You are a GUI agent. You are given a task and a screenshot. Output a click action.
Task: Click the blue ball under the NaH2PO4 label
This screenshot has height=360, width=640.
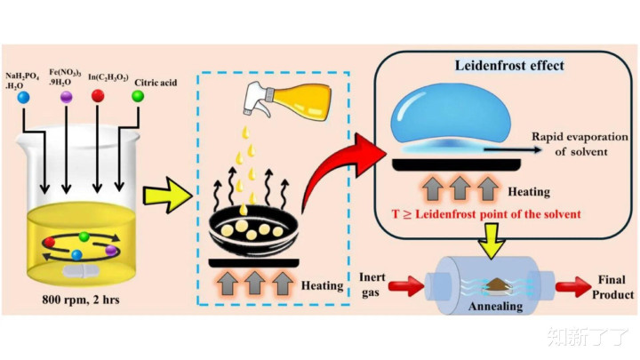(x=23, y=96)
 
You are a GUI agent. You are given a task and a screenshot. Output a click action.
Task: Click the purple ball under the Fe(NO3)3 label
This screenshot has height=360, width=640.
(x=66, y=96)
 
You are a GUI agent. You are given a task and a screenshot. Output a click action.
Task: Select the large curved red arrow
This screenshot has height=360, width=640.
(x=342, y=173)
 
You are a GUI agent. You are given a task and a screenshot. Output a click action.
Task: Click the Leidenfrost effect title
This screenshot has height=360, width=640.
(x=509, y=65)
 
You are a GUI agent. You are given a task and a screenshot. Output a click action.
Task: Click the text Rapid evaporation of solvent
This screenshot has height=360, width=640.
(x=580, y=144)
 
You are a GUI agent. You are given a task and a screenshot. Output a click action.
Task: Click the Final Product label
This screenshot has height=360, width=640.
(x=613, y=285)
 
